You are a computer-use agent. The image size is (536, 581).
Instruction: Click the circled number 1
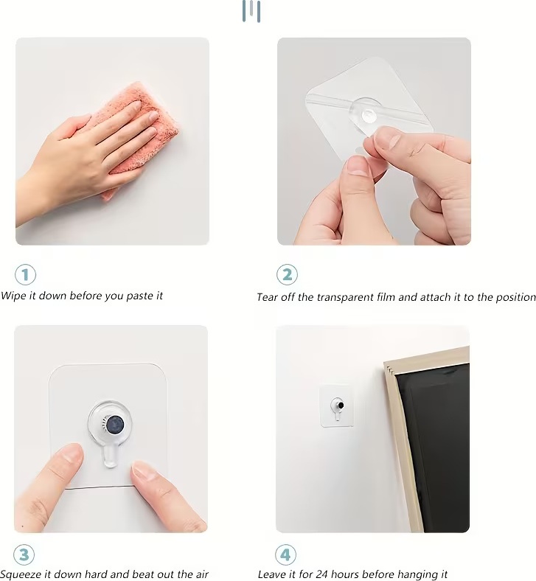point(26,274)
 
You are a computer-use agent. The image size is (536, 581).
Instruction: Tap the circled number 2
point(287,274)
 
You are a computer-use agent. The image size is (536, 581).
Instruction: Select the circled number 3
point(24,554)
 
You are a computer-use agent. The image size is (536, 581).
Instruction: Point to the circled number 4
point(285,554)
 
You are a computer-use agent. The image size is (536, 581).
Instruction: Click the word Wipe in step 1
point(13,296)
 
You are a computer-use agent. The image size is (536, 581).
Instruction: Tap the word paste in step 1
point(139,296)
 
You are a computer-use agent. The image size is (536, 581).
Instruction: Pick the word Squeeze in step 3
point(21,574)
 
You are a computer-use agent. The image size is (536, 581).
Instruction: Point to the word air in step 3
point(201,574)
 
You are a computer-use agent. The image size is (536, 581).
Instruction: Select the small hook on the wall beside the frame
point(338,408)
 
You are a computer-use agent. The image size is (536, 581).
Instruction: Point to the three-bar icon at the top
point(251,11)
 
